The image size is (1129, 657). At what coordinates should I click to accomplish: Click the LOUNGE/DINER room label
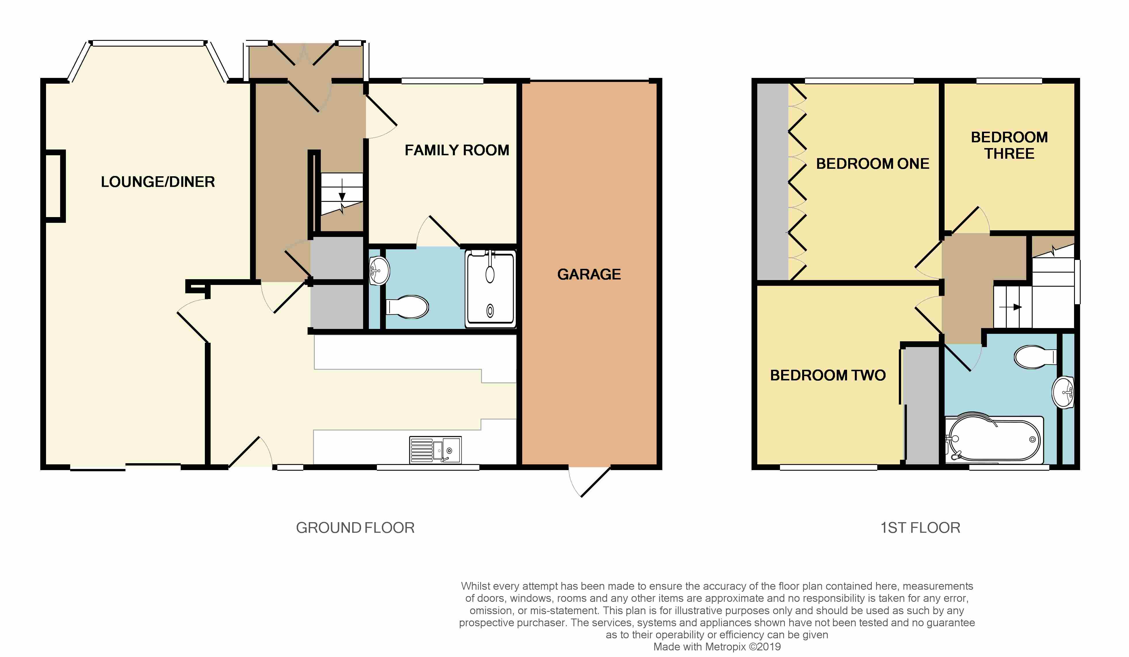coord(158,182)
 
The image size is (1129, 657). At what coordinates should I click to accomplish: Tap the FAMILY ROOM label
coord(457,150)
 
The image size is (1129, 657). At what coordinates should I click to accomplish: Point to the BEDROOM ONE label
coord(873,164)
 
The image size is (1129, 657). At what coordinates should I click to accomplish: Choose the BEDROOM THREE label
coord(1009,145)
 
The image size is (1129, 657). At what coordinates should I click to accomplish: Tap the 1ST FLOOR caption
coord(920,528)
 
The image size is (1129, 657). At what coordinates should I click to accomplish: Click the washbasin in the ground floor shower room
coord(379,271)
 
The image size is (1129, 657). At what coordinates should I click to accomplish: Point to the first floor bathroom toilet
coord(1035,357)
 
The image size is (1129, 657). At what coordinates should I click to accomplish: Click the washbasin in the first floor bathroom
coord(1063,392)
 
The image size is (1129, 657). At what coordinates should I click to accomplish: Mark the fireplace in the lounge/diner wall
coord(56,186)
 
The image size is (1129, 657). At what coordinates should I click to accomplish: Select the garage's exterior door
coord(589,481)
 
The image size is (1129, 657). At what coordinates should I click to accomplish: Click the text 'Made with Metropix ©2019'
coord(717,647)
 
